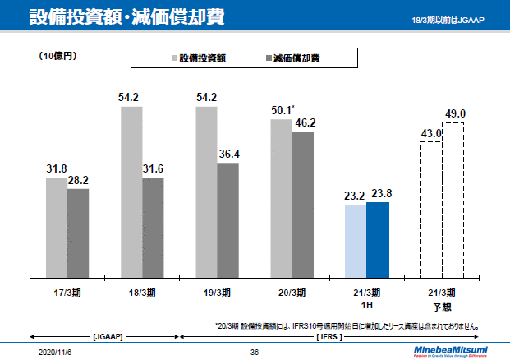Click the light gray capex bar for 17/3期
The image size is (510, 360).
pos(57,228)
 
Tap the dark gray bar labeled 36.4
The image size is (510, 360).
pos(227,220)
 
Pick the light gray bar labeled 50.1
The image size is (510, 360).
pos(281,199)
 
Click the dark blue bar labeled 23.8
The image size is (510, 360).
pos(377,240)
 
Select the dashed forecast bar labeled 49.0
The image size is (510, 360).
pos(453,201)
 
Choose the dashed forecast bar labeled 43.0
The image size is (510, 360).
pos(431,210)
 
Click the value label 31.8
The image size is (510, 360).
pos(57,169)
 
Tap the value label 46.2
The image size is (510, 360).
pos(305,123)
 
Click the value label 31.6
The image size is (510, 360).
pos(153,169)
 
